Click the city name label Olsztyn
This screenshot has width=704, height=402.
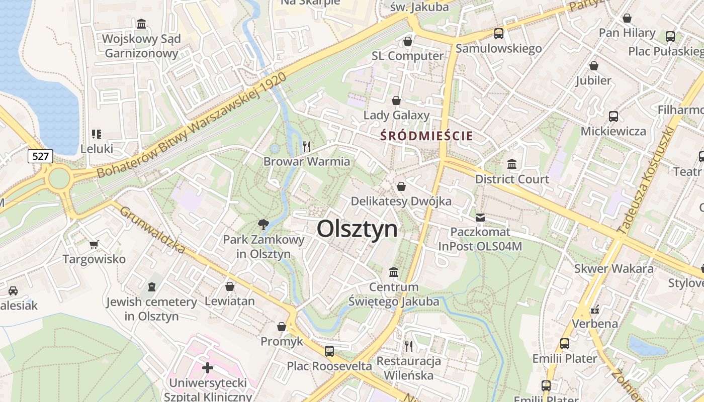pyautogui.click(x=357, y=229)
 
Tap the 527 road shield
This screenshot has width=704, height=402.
pyautogui.click(x=40, y=156)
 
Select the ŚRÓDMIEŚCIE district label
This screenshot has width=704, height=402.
pyautogui.click(x=426, y=136)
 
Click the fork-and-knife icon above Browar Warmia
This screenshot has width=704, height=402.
pyautogui.click(x=307, y=146)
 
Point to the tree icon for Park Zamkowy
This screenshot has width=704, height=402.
pyautogui.click(x=262, y=224)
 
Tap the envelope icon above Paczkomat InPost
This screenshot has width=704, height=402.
pyautogui.click(x=480, y=218)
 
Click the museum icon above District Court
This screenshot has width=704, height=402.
pyautogui.click(x=512, y=164)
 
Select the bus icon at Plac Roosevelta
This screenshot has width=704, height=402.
pyautogui.click(x=329, y=351)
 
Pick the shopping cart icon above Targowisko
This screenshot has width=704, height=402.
pyautogui.click(x=94, y=245)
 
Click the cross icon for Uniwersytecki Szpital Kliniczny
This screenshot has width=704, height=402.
pyautogui.click(x=208, y=368)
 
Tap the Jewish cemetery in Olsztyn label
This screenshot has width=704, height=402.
pyautogui.click(x=151, y=309)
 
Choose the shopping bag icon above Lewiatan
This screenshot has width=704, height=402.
pyautogui.click(x=230, y=286)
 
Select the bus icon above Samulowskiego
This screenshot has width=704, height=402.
pyautogui.click(x=498, y=34)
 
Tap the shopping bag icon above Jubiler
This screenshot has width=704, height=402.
pyautogui.click(x=594, y=66)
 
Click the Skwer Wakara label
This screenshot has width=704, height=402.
pyautogui.click(x=614, y=268)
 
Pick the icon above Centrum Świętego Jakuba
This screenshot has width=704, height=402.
pyautogui.click(x=394, y=272)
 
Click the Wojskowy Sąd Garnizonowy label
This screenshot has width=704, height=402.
pyautogui.click(x=141, y=46)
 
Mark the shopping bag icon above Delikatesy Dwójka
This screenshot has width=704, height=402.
pyautogui.click(x=401, y=186)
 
